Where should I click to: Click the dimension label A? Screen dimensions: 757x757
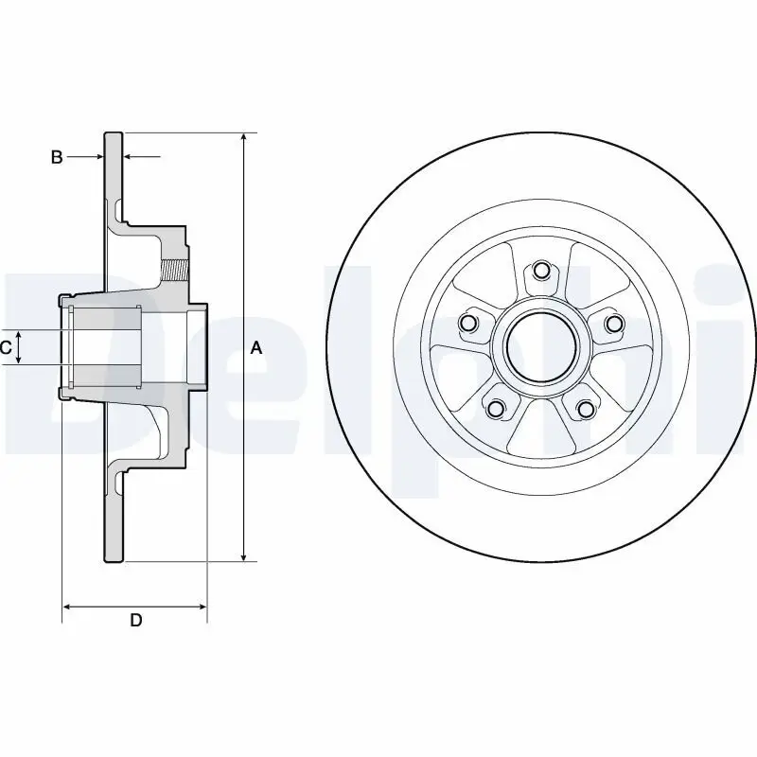click(x=255, y=348)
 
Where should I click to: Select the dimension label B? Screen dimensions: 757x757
click(x=57, y=157)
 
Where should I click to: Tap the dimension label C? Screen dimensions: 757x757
click(x=6, y=348)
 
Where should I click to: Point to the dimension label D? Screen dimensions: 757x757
click(x=135, y=621)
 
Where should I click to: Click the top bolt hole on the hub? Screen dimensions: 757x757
click(x=541, y=273)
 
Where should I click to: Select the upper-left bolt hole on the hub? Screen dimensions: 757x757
click(x=467, y=325)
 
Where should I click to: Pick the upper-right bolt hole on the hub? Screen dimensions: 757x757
click(x=614, y=325)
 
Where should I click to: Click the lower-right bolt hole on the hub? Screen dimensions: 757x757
click(x=586, y=408)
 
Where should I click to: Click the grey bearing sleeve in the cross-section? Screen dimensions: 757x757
click(x=106, y=347)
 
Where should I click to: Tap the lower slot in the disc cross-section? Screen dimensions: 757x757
click(x=117, y=484)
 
